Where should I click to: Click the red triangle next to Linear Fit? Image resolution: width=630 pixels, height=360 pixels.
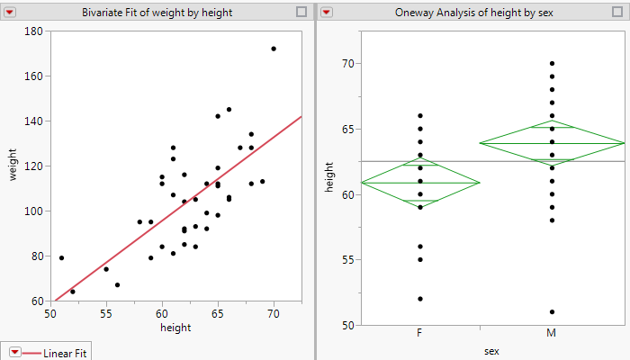click(16, 353)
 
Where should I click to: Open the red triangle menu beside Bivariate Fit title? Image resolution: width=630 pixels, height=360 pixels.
click(12, 12)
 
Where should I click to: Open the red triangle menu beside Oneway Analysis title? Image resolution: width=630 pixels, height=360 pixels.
click(327, 12)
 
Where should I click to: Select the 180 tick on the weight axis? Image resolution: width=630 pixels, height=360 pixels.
click(34, 31)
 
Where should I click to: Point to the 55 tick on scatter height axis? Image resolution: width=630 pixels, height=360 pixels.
click(106, 313)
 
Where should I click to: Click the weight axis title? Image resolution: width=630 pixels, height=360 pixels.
click(13, 166)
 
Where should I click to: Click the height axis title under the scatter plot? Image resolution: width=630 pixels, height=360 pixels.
click(175, 328)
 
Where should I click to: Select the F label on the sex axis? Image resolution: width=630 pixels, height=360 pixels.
click(420, 334)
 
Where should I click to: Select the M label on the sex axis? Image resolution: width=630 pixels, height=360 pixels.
click(552, 334)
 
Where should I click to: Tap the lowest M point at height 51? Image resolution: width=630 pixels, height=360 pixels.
click(552, 311)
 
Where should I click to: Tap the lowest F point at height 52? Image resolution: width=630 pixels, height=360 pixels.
click(420, 299)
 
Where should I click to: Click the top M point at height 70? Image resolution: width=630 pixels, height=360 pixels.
click(552, 64)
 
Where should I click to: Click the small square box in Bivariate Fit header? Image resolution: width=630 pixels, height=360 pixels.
click(301, 12)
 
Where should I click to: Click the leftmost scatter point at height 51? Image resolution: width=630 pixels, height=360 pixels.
click(61, 257)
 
